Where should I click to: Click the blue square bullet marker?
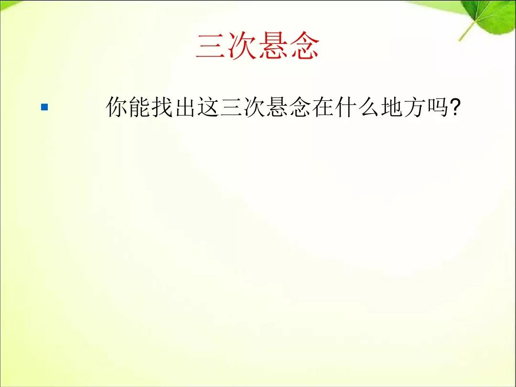pos(44,107)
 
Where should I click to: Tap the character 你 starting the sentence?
pos(117,107)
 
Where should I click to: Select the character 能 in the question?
pos(140,107)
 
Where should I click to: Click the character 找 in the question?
pos(162,107)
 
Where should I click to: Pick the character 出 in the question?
pos(185,107)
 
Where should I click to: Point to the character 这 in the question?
pos(209,107)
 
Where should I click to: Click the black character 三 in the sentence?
pos(231,107)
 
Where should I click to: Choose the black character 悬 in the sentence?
pos(278,107)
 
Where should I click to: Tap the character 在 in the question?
pos(323,107)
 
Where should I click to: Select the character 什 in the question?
pos(346,107)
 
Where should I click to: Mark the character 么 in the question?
pos(369,107)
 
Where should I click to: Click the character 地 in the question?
pos(392,107)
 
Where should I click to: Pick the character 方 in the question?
pos(415,107)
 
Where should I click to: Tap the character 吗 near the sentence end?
pos(438,107)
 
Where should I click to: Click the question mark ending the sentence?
pos(454,107)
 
